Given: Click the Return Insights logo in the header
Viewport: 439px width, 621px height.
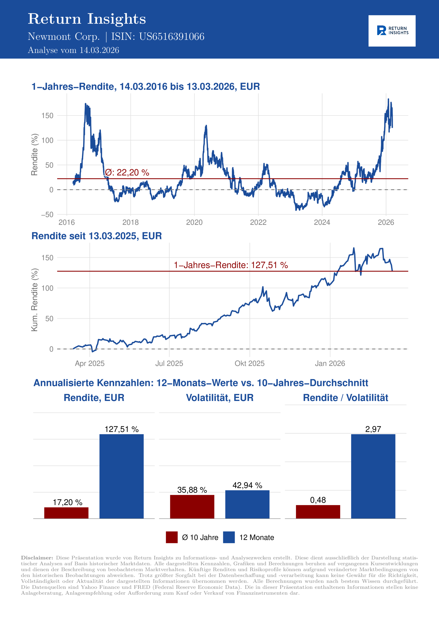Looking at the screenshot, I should tap(392, 31).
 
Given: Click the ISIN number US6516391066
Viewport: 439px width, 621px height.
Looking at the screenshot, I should tap(171, 37).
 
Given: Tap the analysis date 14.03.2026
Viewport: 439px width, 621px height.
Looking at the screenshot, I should tap(99, 50).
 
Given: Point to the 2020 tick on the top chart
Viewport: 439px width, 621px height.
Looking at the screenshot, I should tap(194, 222).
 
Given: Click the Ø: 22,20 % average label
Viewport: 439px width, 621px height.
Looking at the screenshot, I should tap(127, 172).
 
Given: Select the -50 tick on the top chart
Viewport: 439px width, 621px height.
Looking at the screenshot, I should tap(47, 215).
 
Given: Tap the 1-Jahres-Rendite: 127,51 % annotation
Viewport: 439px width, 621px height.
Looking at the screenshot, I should tap(231, 265).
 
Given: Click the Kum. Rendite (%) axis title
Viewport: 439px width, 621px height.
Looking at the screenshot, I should tap(34, 300).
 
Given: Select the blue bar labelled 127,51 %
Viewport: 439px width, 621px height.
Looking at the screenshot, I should tap(122, 476).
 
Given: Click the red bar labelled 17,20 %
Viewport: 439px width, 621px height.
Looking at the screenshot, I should tap(66, 513).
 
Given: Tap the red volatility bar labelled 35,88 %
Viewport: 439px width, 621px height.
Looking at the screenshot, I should tap(192, 507).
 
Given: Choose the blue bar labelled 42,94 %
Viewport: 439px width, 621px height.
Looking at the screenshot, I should tap(247, 504).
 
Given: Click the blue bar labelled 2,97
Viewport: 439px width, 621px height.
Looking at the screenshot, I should tap(373, 476).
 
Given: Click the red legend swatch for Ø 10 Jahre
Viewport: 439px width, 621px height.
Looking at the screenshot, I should tap(172, 537).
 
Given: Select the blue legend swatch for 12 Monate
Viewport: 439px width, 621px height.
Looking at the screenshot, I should tap(229, 537).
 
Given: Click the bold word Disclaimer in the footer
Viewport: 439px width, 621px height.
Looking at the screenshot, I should tap(37, 558).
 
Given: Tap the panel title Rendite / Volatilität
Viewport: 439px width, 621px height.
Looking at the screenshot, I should tap(345, 398).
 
